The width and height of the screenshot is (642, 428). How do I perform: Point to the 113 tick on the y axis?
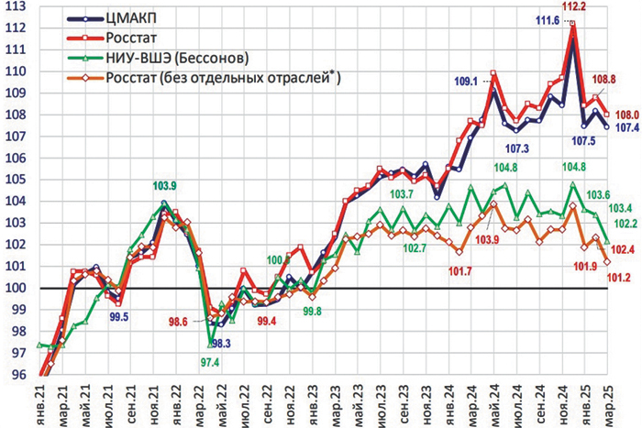click(x=16, y=7)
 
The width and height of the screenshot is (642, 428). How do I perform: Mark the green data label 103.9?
click(x=165, y=187)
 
